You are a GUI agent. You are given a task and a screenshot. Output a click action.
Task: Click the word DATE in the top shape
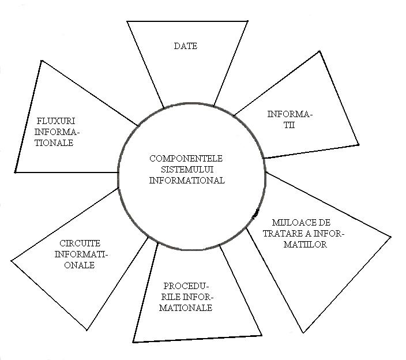[185, 46]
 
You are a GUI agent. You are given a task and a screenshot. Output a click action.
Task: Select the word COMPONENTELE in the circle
[187, 158]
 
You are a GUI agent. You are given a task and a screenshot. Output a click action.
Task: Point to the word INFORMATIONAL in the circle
[187, 180]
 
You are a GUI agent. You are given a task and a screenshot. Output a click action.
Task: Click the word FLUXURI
[56, 121]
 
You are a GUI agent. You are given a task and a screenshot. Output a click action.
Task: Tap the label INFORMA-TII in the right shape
[290, 119]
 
